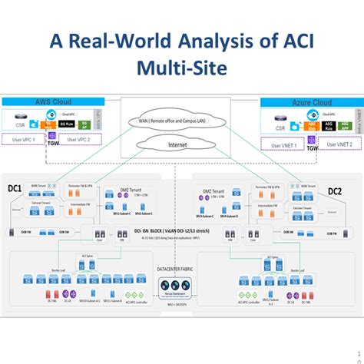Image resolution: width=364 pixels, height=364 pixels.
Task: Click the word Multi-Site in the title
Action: point(182,70)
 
